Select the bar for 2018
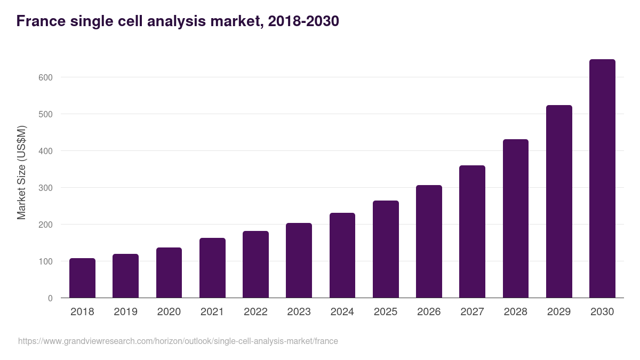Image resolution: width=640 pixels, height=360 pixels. [82, 278]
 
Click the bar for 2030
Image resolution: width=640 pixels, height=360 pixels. [602, 179]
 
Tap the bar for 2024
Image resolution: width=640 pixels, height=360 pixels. [342, 255]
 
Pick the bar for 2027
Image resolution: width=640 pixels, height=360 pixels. [472, 231]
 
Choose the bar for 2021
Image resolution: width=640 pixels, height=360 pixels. [212, 268]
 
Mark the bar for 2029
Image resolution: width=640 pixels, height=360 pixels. [559, 202]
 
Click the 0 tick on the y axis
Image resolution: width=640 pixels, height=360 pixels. [50, 298]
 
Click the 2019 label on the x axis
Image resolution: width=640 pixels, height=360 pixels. [125, 312]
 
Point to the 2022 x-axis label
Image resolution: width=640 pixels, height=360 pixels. [255, 312]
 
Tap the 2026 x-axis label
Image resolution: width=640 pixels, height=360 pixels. [429, 312]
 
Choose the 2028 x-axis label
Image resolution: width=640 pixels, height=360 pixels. [515, 312]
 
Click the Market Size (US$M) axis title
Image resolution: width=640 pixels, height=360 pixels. [21, 172]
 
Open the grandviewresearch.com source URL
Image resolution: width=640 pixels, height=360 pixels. [178, 341]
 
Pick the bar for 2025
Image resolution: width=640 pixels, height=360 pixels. [386, 249]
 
